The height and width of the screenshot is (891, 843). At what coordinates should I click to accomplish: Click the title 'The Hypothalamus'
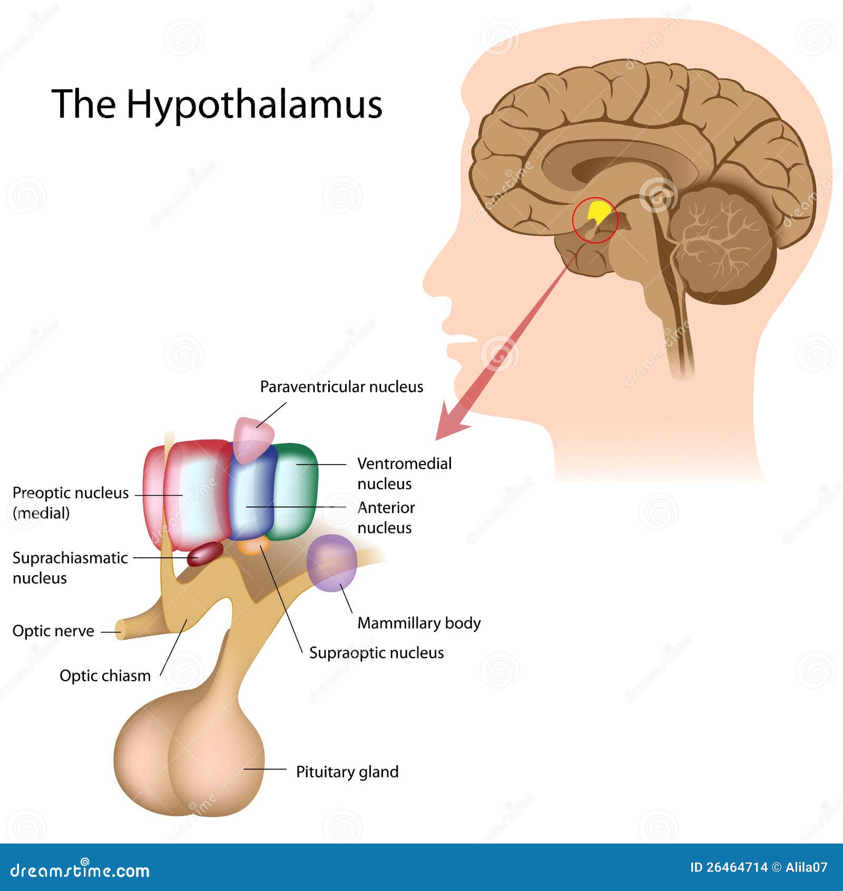[x=217, y=104]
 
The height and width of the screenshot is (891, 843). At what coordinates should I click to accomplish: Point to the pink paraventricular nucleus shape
[x=253, y=439]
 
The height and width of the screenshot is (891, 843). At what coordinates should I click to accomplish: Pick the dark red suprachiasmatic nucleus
[x=205, y=554]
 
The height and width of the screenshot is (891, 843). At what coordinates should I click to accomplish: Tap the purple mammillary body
[x=332, y=563]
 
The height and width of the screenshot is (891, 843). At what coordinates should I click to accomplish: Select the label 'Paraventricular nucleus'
[x=341, y=387]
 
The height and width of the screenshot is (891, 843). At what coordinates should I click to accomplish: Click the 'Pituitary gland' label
[x=347, y=772]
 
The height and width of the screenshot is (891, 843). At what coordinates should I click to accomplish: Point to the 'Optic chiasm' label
[x=105, y=675]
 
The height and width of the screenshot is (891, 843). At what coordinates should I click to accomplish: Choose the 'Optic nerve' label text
[x=53, y=631]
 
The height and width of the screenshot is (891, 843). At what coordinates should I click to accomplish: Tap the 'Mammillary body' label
[x=419, y=623]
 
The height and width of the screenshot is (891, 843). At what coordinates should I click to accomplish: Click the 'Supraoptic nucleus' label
[x=376, y=653]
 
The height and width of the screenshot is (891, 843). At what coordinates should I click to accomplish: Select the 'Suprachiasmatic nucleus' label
[x=70, y=568]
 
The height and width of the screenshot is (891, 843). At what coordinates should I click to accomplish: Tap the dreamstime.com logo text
[x=80, y=870]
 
